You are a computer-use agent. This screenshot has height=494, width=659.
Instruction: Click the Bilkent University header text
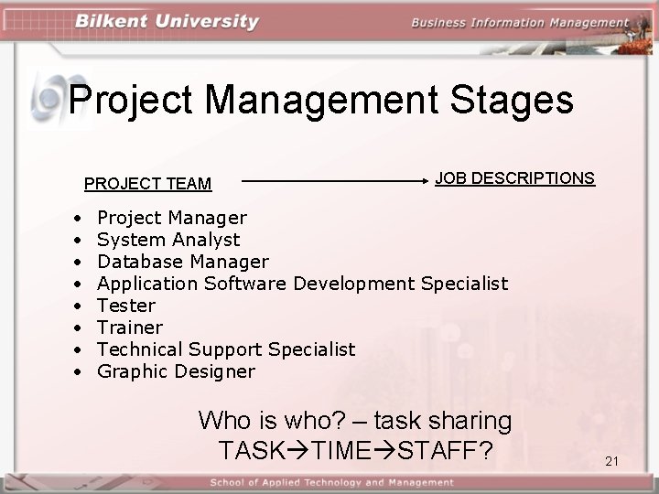167,22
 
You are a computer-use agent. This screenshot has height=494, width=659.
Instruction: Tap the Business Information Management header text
519,23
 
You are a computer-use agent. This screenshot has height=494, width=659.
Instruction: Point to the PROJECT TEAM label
147,184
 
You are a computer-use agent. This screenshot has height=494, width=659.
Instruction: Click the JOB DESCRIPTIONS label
514,177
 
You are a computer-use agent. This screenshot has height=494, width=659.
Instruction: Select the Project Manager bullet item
171,218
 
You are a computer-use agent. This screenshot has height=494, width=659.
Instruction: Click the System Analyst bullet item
168,240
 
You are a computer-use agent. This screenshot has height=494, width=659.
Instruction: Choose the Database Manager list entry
182,262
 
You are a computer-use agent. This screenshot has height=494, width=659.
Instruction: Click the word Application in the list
147,284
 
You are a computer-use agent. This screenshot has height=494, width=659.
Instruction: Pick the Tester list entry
126,306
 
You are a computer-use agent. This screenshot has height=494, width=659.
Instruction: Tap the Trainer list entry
130,328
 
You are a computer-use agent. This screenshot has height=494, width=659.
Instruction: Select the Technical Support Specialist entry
226,349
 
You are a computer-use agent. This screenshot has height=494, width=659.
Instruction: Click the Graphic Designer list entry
176,371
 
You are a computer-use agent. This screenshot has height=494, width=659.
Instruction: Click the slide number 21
612,461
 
